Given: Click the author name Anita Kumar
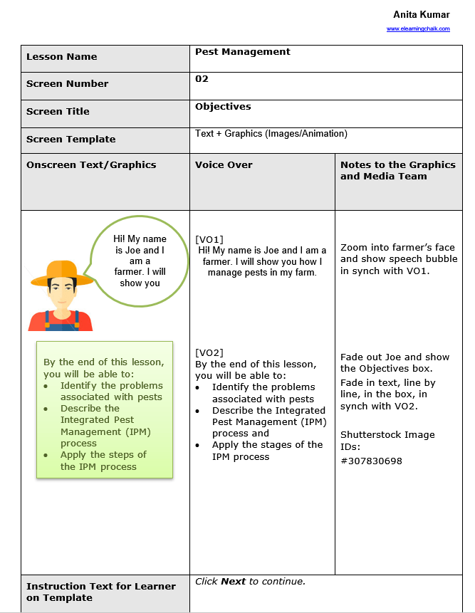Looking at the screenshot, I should coord(421,15).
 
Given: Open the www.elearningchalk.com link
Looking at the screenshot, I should coord(418,29).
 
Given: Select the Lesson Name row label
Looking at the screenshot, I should coord(62,57).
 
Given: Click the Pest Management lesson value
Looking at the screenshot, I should coord(243,52).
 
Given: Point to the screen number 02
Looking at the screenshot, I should coord(202,79).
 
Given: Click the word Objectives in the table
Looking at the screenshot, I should coord(223,107).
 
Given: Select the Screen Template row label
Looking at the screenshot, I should coord(71,140).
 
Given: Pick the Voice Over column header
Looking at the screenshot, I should coord(224,165).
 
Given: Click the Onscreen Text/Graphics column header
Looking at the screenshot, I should coord(91,165).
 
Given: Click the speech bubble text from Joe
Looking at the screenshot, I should coord(140,261).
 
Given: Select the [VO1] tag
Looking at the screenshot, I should coord(209,240).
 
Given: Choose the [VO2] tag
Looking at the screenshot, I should coord(209,352).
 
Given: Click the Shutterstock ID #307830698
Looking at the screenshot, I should coord(371,461).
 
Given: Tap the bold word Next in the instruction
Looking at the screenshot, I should coord(233,582).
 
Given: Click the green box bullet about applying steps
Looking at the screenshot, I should coord(103,461).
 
